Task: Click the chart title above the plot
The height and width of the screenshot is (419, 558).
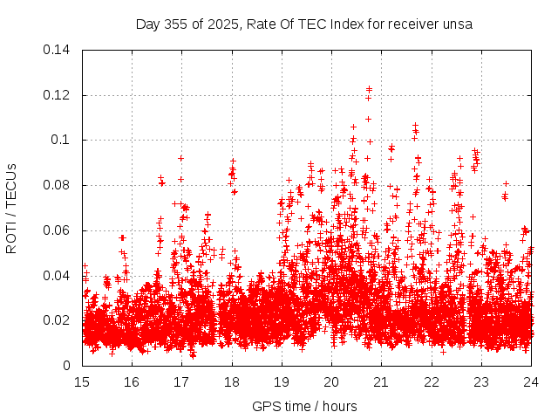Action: click(303, 24)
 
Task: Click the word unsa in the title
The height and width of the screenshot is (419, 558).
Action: click(457, 24)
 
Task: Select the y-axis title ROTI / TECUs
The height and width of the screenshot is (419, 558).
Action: click(12, 207)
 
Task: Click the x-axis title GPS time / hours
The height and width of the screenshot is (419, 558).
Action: click(304, 406)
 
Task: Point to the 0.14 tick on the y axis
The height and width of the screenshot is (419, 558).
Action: click(58, 50)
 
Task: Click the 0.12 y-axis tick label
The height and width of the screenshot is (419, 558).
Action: click(58, 95)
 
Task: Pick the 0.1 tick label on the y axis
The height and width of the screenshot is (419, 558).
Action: click(63, 140)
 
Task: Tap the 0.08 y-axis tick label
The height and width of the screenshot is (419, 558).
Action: click(58, 185)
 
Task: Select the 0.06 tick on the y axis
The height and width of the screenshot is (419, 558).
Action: click(58, 230)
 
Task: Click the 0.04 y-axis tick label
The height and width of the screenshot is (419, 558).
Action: click(58, 276)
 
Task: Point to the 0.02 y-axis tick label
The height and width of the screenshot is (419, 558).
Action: click(58, 320)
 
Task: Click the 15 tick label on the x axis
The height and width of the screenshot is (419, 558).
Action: click(82, 381)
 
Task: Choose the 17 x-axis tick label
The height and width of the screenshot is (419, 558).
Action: click(181, 381)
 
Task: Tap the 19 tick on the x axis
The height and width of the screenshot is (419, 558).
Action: click(282, 381)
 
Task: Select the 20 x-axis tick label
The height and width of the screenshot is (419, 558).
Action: click(331, 381)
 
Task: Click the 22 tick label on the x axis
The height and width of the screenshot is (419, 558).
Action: click(431, 381)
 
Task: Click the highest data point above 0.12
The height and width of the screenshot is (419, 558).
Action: click(369, 89)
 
